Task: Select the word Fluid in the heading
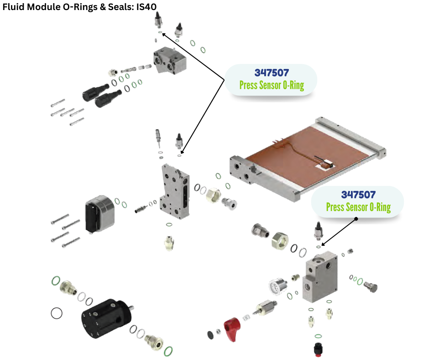13,7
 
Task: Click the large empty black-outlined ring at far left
57,313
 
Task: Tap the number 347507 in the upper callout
272,73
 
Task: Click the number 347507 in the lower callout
358,195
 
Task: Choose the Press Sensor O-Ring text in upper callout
272,85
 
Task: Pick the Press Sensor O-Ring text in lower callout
358,207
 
